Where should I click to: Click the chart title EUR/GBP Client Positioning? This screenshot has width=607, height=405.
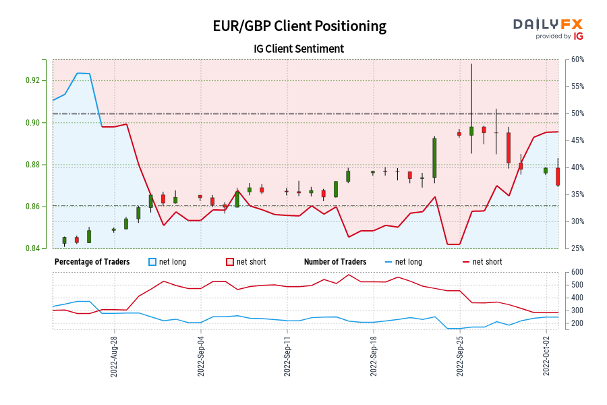coord(299,26)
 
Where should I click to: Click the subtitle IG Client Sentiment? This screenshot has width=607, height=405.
coord(299,49)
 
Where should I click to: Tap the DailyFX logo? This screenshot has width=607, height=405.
coord(548,28)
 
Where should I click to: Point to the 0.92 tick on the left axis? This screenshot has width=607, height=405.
coord(40,80)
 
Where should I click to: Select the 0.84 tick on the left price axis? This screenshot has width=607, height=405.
coord(40,248)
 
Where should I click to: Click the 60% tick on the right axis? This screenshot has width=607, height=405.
coord(577,59)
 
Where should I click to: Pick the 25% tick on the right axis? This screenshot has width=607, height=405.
coord(577,248)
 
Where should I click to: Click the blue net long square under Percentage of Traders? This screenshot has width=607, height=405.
coord(152,262)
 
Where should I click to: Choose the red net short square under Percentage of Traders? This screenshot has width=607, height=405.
coord(229,262)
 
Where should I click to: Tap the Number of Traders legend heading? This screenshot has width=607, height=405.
coord(335,262)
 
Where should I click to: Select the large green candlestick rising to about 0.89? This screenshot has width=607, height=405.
coord(434,159)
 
